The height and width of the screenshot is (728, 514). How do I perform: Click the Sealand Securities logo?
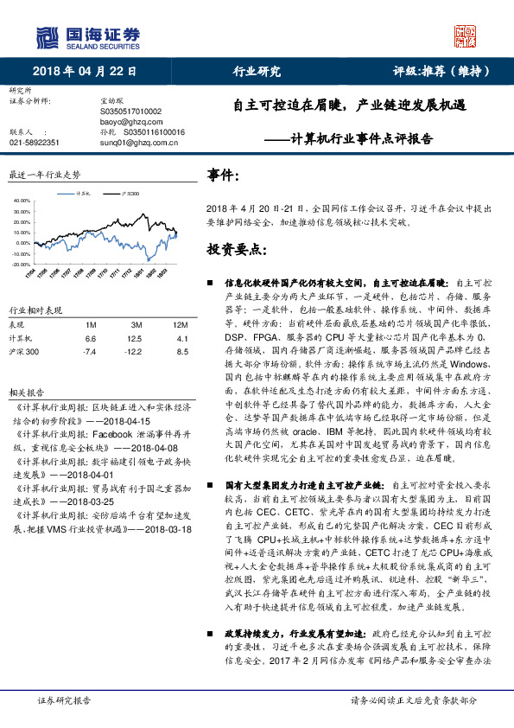[x=86, y=37]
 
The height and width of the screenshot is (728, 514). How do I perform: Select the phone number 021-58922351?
[x=35, y=143]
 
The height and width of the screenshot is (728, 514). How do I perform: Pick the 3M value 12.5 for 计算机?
[x=135, y=338]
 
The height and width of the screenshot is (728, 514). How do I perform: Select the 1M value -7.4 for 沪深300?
[x=89, y=352]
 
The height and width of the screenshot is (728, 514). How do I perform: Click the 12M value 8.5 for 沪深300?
[x=181, y=352]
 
